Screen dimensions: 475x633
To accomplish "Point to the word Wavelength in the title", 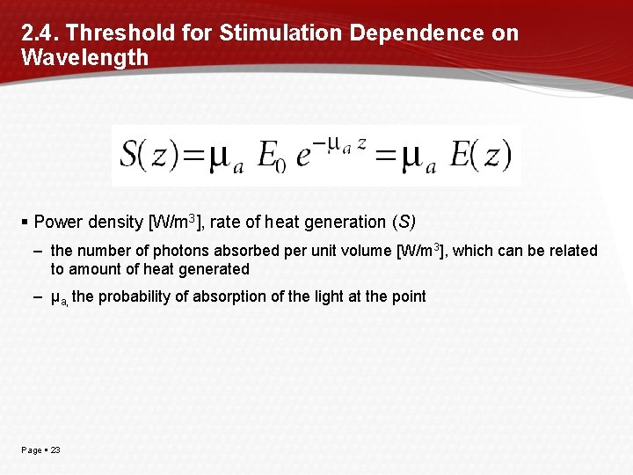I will click(x=84, y=58).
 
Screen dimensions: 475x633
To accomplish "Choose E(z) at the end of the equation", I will click(x=480, y=156).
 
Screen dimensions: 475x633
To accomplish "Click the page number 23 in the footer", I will click(x=55, y=450).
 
